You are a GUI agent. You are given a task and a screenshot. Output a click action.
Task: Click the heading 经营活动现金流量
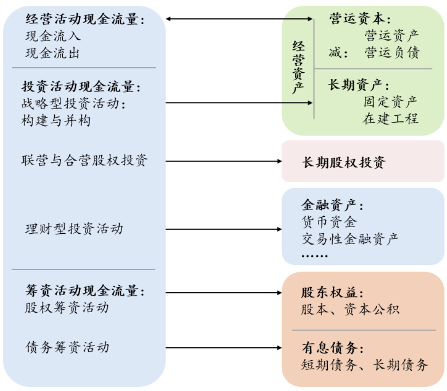pos(85,20)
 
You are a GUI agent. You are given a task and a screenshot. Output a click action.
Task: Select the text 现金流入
pos(53,36)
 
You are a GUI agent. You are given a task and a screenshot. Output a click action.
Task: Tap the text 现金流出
pos(53,52)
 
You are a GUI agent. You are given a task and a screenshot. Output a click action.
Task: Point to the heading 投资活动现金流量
pos(82,87)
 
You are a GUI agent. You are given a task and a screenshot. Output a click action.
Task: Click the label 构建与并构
pos(56,120)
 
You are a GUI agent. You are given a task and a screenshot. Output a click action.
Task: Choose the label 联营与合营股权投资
pos(84,161)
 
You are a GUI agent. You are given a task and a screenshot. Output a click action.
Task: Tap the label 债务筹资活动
pos(67,348)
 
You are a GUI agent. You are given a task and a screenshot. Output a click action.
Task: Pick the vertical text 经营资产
pos(298,68)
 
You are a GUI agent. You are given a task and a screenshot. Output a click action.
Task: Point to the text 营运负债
pos(391,52)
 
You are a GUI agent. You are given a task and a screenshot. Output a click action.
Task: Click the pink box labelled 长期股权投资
pos(363,161)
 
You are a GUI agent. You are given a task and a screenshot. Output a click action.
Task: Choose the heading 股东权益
pos(332,293)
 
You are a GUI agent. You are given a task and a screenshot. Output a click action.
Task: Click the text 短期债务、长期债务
pos(364,365)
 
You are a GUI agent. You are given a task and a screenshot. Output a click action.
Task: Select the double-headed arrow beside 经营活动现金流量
pos(240,19)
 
